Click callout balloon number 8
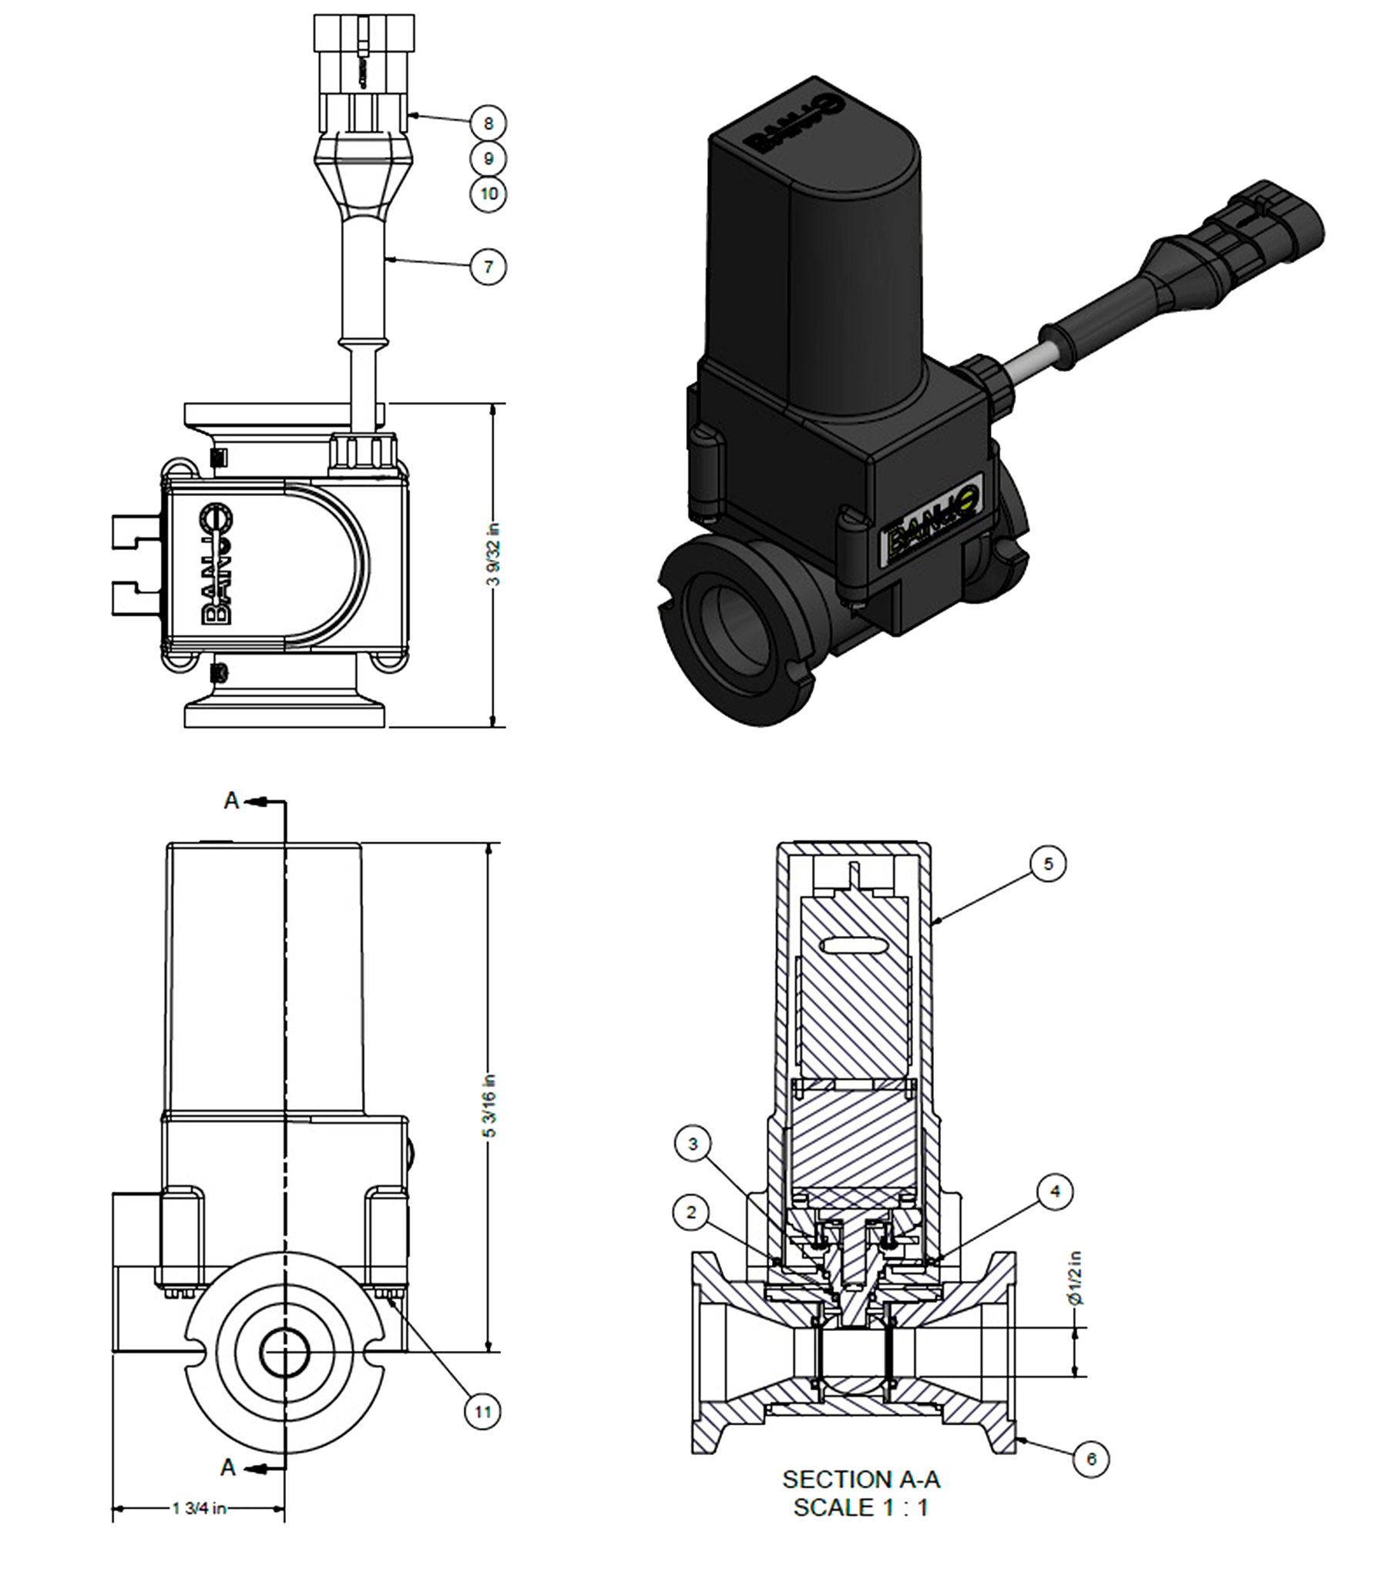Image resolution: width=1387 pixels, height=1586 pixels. point(489,123)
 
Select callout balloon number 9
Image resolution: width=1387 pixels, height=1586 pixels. point(489,159)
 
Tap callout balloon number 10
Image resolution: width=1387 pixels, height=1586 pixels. point(489,193)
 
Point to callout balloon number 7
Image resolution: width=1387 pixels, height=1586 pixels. point(489,267)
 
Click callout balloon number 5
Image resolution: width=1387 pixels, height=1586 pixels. point(1048,863)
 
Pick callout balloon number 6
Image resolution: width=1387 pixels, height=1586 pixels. point(1091,1459)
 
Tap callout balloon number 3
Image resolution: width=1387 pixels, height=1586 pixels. point(693,1144)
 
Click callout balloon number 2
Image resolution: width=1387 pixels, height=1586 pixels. point(692,1212)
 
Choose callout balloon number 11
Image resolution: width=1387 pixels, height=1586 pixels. point(483,1412)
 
